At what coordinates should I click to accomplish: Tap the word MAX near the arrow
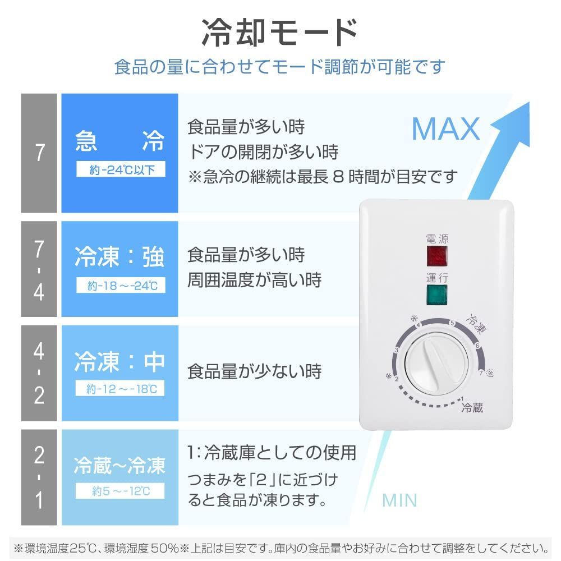pos(445,130)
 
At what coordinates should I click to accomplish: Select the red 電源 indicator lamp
pos(437,256)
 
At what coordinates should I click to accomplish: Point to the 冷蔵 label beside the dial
pos(472,408)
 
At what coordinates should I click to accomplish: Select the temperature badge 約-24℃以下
pos(121,170)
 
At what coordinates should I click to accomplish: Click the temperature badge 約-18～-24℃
pos(121,286)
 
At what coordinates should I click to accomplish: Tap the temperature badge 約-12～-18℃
pos(121,388)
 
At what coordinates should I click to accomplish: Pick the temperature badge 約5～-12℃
pos(121,492)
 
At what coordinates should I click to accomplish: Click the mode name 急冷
pos(120,142)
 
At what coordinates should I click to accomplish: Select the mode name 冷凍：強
pos(120,257)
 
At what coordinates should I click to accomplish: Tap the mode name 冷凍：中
pos(120,361)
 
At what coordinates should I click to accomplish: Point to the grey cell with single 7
pos(39,153)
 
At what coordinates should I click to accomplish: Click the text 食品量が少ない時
pos(254,371)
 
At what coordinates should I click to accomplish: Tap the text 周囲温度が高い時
pos(254,280)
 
